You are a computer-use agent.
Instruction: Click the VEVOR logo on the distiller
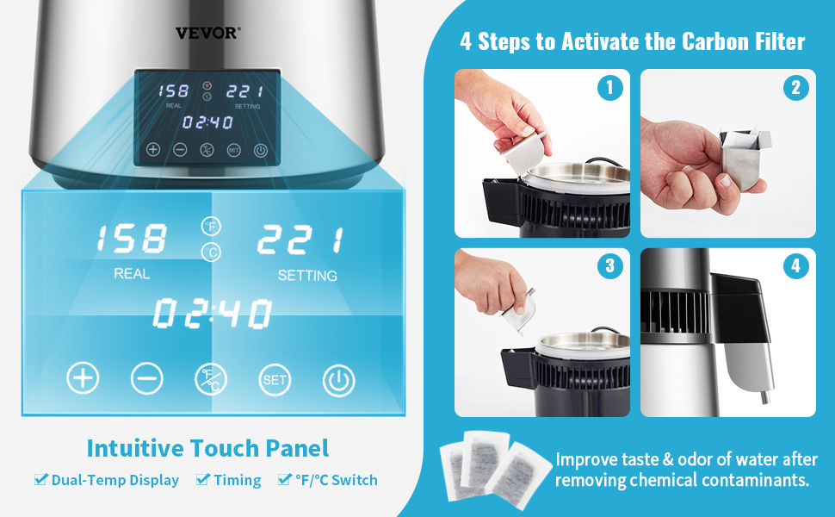click(207, 33)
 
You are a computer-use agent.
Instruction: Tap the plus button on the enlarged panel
click(83, 378)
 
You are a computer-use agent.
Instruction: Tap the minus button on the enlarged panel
click(147, 378)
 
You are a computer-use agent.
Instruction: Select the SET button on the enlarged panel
click(275, 379)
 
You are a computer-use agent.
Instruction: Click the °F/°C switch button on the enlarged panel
click(211, 379)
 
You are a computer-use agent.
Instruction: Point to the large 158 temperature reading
click(132, 238)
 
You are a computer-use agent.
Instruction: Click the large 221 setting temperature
click(300, 240)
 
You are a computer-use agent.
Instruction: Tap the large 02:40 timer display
click(213, 313)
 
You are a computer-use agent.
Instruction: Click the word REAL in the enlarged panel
click(132, 273)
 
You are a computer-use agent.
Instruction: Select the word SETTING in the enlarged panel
click(307, 276)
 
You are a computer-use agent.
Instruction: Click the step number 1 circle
click(610, 87)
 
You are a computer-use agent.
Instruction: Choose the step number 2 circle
click(796, 87)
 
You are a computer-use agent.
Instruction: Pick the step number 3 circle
click(610, 265)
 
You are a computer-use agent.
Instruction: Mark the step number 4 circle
click(796, 265)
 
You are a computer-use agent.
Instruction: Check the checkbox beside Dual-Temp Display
click(40, 479)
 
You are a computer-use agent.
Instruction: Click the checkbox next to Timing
click(202, 479)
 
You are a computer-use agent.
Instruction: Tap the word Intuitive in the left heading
click(135, 448)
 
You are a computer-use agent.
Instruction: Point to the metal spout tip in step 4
click(766, 397)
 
